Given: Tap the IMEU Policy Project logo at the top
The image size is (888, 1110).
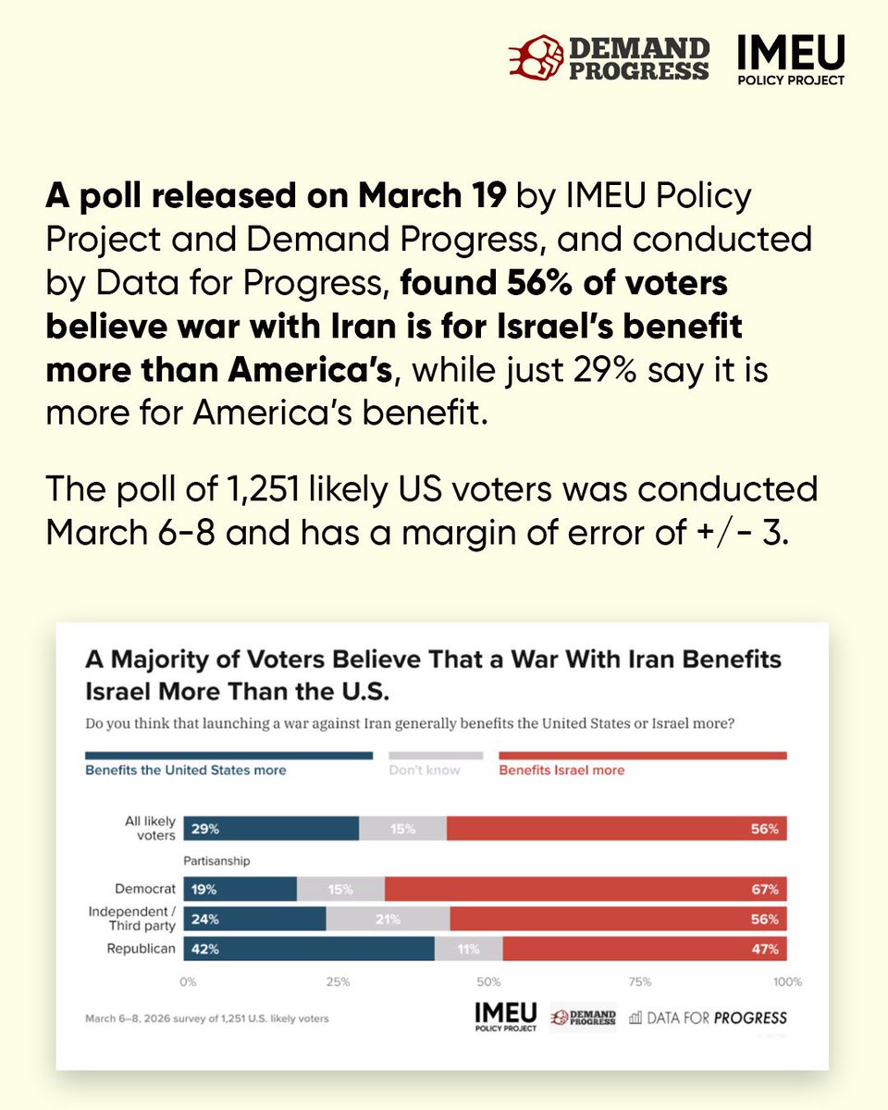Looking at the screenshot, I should tap(790, 60).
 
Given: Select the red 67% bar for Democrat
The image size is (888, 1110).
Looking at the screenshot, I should tap(585, 890).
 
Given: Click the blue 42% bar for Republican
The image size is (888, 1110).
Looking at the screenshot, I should tap(309, 949).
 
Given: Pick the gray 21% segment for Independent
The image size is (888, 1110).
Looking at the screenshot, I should tap(388, 919).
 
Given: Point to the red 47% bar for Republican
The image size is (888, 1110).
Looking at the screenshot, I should tap(644, 949).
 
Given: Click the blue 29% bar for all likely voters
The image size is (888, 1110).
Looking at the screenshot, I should tap(271, 830).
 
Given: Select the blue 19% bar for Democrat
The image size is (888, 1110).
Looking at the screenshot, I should tap(240, 890).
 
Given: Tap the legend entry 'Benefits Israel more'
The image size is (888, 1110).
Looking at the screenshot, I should tap(561, 770).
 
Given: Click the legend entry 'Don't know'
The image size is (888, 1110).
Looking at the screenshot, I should tap(424, 770).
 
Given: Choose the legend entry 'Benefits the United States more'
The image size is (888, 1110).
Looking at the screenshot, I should tap(186, 770).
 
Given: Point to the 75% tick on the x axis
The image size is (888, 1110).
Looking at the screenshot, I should tap(640, 981).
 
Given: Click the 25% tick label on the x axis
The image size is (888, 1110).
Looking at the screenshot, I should tap(338, 981).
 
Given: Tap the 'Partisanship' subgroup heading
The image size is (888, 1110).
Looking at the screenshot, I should tap(216, 860).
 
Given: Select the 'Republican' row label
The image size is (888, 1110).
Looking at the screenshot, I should tap(143, 949).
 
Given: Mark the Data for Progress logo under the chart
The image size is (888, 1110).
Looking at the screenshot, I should tap(708, 1017).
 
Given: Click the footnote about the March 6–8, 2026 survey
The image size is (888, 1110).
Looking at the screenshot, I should tap(206, 1018).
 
